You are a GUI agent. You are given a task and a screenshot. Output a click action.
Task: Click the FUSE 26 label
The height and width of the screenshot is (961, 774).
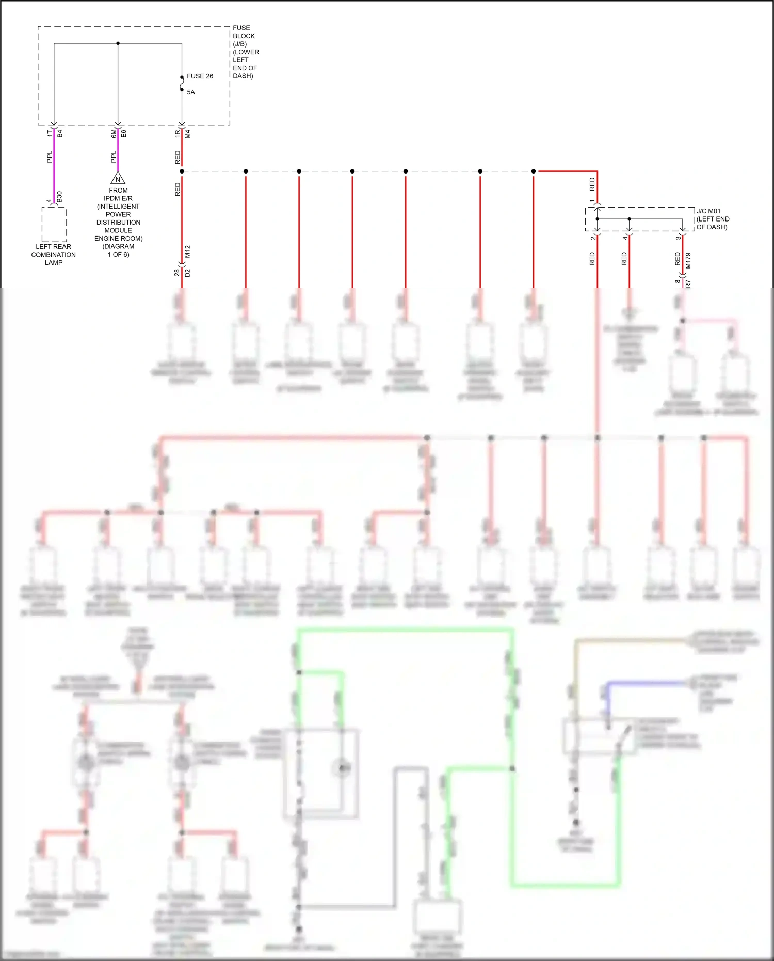pos(200,76)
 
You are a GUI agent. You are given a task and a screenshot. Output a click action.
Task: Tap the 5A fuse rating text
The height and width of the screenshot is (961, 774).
pos(191,92)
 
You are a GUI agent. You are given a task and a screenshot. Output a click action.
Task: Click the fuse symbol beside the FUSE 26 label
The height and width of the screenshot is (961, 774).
pos(182,84)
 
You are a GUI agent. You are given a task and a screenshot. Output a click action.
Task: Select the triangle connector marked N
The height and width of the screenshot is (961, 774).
pos(118,179)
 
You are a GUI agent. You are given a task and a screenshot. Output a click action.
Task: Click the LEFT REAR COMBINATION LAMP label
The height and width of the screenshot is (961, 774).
pos(53,255)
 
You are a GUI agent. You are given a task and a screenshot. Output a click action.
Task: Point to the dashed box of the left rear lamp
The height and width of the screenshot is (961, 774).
pos(54,225)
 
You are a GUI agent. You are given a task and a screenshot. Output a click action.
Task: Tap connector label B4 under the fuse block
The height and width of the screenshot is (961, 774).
pos(60,133)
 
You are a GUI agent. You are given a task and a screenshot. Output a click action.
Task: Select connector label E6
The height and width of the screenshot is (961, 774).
pos(124,133)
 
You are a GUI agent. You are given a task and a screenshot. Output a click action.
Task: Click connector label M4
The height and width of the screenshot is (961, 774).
pos(188,134)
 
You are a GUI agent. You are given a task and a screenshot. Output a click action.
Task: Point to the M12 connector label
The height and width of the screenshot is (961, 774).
pos(188,251)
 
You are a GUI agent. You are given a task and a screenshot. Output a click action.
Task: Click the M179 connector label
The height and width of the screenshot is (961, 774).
pos(688,260)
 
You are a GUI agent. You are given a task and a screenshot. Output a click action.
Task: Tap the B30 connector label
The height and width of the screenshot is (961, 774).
pos(59,196)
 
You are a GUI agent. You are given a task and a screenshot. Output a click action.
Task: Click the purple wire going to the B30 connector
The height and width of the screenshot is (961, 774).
pos(54,165)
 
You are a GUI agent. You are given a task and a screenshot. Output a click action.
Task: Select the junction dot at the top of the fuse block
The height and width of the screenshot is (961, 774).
pos(118,43)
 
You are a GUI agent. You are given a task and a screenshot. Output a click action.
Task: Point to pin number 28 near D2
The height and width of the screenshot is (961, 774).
pos(177,272)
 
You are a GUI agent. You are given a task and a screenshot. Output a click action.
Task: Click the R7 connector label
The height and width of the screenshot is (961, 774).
pos(688,283)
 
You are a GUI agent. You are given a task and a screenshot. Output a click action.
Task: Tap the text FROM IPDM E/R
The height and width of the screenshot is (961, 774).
pos(118,194)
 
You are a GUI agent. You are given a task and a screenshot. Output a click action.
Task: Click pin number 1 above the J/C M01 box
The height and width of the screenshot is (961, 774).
pos(592,201)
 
